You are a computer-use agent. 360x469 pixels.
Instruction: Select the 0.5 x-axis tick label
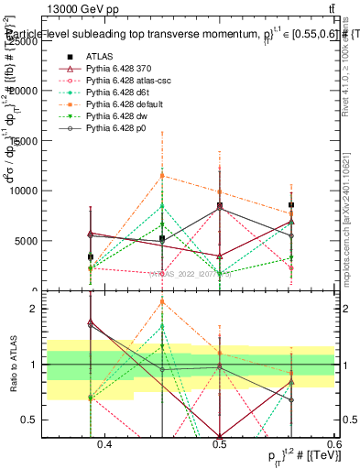pos(219,445)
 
